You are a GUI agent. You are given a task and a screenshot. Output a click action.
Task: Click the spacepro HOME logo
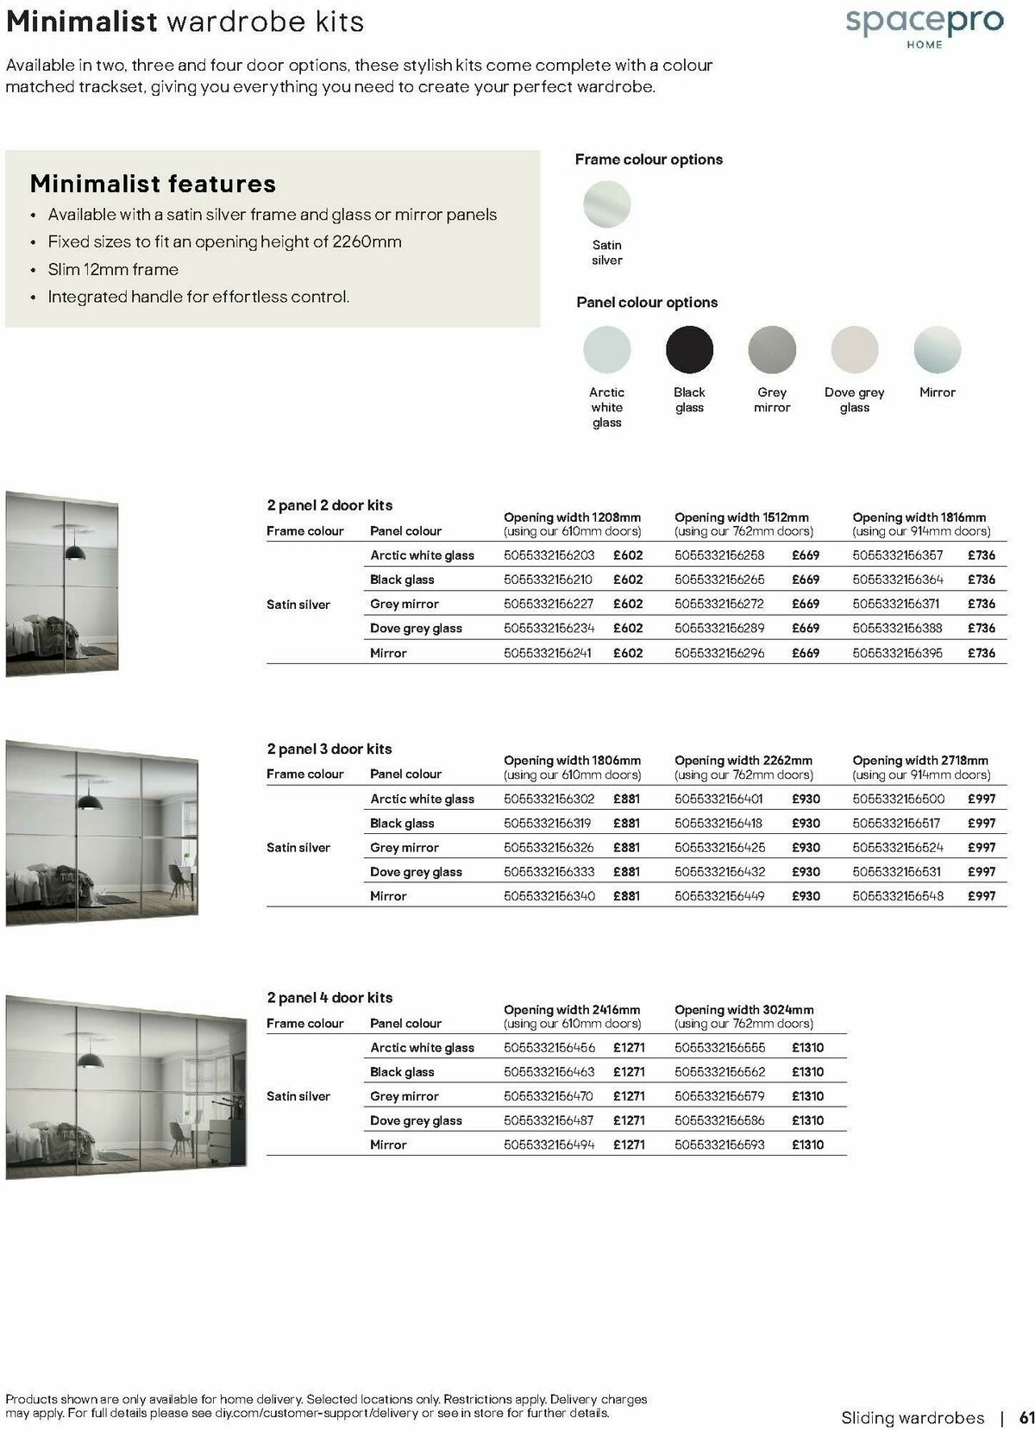pos(924,25)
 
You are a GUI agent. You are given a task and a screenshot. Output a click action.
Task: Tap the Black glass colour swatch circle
pos(689,349)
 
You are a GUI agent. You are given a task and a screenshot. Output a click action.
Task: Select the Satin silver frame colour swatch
pos(606,204)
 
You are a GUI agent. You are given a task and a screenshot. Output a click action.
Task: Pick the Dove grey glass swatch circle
pos(854,349)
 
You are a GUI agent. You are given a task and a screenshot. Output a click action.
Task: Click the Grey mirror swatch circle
pos(772,349)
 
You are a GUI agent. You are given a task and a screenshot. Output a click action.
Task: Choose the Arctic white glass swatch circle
pos(606,349)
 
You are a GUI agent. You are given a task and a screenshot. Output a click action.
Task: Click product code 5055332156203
pos(549,555)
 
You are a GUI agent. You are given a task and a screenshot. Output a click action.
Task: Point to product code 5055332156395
pos(897,653)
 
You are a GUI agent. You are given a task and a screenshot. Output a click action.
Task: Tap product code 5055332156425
pos(719,848)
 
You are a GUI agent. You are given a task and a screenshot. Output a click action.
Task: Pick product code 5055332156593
pos(719,1145)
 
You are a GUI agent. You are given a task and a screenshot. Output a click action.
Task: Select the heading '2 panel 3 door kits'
pos(329,749)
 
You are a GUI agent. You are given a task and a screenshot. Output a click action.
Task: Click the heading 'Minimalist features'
pos(153,184)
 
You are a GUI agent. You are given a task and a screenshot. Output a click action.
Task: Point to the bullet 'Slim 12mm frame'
pos(113,269)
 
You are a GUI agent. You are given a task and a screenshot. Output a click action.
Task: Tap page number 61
pos(1026,1417)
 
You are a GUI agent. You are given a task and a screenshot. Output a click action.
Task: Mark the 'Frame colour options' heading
pos(649,160)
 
